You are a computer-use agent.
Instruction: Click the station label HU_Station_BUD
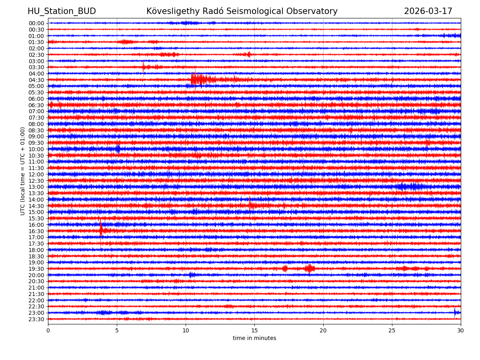pyautogui.click(x=62, y=11)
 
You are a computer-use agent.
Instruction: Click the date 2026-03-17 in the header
pyautogui.click(x=428, y=11)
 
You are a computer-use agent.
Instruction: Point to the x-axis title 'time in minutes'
pyautogui.click(x=254, y=338)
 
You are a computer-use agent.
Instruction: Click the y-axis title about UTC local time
pyautogui.click(x=23, y=171)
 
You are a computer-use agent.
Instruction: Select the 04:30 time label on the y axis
pyautogui.click(x=36, y=80)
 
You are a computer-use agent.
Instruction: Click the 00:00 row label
pyautogui.click(x=36, y=23)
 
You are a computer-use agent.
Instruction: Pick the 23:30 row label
pyautogui.click(x=36, y=319)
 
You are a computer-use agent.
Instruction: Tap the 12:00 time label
pyautogui.click(x=36, y=174)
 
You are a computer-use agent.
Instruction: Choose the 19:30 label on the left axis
pyautogui.click(x=36, y=269)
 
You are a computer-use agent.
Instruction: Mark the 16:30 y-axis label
pyautogui.click(x=36, y=231)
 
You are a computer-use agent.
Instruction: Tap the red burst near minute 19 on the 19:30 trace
pyautogui.click(x=309, y=268)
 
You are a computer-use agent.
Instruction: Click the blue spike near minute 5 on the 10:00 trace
pyautogui.click(x=118, y=149)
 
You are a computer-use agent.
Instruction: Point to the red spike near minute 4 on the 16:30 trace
pyautogui.click(x=101, y=230)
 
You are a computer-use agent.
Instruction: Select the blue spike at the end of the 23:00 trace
pyautogui.click(x=455, y=312)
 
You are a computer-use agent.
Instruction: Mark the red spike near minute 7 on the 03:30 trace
pyautogui.click(x=144, y=67)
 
